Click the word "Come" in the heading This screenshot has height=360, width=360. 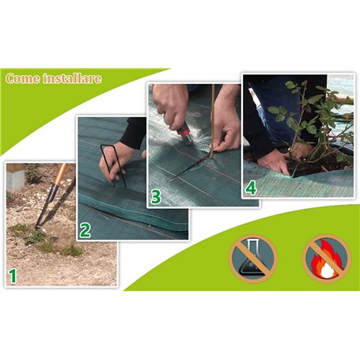point(21,78)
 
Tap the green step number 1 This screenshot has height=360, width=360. point(12,276)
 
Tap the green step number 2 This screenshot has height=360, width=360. point(85,230)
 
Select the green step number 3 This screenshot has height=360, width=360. point(156,196)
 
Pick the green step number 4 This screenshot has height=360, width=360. point(251,188)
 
